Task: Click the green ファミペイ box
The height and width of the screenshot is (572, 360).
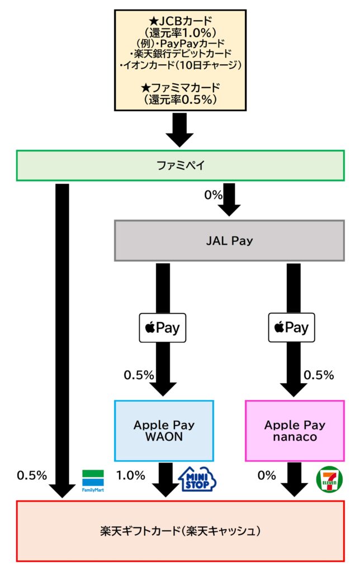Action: [180, 165]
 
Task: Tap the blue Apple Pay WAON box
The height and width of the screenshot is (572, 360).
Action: [164, 431]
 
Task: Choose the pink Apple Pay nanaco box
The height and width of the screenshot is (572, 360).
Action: [295, 431]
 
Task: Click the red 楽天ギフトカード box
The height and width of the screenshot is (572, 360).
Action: [180, 531]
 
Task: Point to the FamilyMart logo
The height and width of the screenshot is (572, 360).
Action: [93, 481]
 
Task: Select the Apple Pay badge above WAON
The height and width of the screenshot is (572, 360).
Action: [163, 328]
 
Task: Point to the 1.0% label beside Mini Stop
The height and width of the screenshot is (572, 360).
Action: [131, 475]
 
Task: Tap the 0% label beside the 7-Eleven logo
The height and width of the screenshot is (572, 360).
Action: [267, 475]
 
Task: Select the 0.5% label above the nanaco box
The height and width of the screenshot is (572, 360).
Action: [319, 375]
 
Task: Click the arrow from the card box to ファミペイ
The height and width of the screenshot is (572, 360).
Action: [180, 130]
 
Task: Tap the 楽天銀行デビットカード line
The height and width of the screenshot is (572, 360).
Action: [180, 54]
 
